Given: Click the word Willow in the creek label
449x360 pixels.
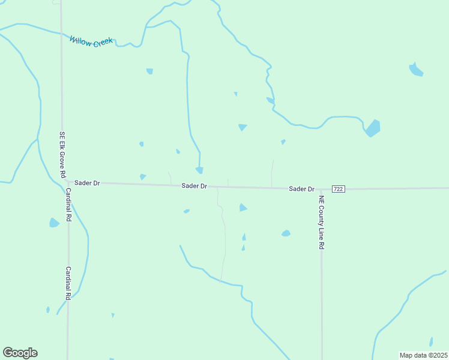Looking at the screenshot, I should (x=79, y=40).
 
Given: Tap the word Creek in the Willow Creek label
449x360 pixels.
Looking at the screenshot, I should (x=101, y=43).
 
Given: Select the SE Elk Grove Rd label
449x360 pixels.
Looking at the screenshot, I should (x=62, y=154).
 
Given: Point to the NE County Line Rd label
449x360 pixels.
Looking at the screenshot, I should (x=322, y=223).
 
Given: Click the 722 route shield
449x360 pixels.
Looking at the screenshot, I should (x=339, y=189).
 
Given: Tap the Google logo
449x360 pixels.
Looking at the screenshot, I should (x=20, y=353).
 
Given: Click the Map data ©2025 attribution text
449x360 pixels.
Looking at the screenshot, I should (x=423, y=355).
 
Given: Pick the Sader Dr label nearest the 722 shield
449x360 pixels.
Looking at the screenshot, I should (x=301, y=189).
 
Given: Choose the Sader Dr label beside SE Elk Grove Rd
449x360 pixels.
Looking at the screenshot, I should (x=88, y=182).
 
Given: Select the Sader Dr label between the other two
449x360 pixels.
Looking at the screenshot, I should (x=194, y=187).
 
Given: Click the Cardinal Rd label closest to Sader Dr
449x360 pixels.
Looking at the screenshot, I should (x=68, y=205).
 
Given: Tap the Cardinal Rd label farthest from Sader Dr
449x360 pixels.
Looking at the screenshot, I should (x=68, y=283).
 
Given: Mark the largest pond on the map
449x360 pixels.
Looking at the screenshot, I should (x=373, y=128).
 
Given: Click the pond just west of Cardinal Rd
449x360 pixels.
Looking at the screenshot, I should (x=54, y=223).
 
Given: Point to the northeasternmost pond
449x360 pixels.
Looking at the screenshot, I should (x=415, y=70).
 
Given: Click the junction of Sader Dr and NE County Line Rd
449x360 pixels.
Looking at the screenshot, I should (x=321, y=189).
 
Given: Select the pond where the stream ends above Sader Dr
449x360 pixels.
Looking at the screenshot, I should (x=199, y=170).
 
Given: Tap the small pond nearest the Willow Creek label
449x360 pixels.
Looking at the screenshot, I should (x=149, y=71).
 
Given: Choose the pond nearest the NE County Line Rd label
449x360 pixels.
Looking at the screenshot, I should (x=286, y=233).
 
